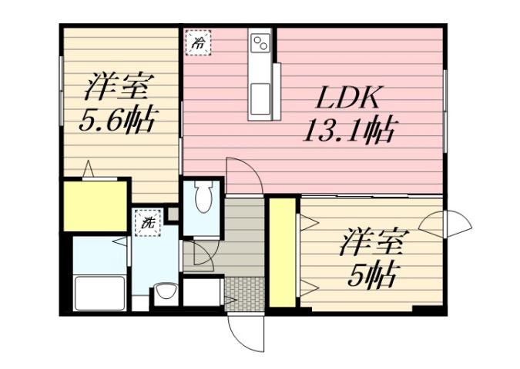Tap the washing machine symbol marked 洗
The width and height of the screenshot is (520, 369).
(x=146, y=223)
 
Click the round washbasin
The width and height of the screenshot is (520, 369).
(x=163, y=292)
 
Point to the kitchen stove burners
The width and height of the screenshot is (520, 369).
(x=260, y=44)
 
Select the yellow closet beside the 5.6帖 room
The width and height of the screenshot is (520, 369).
(x=95, y=205)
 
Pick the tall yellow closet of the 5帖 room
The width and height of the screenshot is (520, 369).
(x=282, y=252)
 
